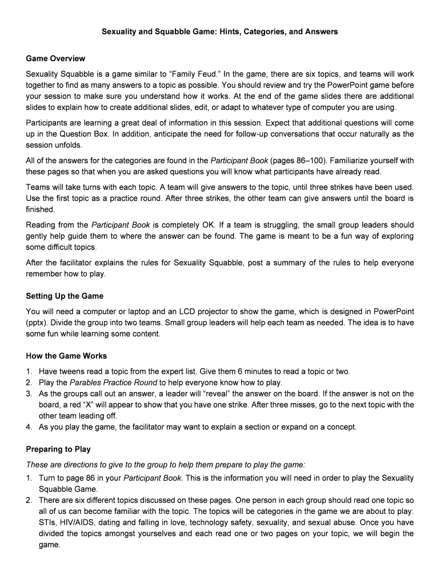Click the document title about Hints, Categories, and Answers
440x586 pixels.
click(x=219, y=31)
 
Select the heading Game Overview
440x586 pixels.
click(x=55, y=58)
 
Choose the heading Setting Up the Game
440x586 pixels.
click(x=65, y=296)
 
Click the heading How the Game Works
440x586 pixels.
click(x=66, y=355)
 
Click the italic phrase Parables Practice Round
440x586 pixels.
click(x=113, y=382)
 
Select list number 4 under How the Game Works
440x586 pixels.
click(x=29, y=426)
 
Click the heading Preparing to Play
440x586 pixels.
click(x=58, y=449)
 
